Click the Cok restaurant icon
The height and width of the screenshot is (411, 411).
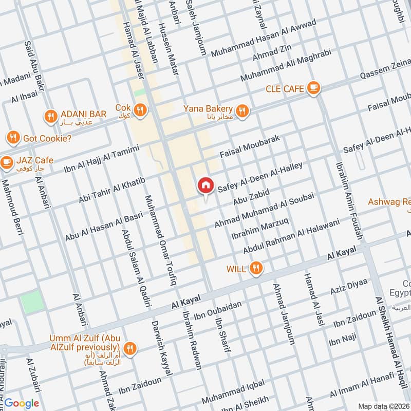pos(140,109)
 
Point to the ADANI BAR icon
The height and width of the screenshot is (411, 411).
pos(50,116)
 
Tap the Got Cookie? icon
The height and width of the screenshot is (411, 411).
pos(13,138)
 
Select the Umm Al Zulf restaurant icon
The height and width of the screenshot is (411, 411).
pos(131,348)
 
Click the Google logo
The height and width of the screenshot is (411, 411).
pos(22,403)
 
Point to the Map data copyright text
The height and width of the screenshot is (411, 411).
pos(382,406)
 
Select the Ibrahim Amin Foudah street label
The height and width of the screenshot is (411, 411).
pos(348,201)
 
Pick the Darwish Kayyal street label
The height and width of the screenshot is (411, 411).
pos(160,349)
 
